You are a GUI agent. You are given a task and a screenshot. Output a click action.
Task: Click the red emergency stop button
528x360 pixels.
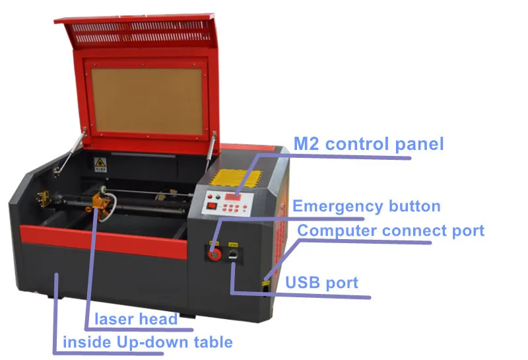(x=213, y=254)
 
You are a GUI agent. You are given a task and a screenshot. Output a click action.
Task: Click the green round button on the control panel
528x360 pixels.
(x=218, y=198)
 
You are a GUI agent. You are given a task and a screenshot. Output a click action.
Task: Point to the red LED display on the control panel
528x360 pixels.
(x=233, y=196)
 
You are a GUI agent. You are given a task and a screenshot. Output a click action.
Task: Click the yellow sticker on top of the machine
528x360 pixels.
(x=236, y=178)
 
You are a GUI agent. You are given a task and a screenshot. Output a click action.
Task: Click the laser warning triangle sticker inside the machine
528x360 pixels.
(x=100, y=164)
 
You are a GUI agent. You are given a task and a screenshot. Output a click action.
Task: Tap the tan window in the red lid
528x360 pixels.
(x=147, y=102)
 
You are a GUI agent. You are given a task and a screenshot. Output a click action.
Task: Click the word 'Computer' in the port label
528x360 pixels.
(x=337, y=231)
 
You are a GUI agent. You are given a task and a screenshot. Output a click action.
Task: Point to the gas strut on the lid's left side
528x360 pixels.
(x=69, y=151)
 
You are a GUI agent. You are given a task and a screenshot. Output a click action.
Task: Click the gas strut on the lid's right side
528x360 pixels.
(x=211, y=148)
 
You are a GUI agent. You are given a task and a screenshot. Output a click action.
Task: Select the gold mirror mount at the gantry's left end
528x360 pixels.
(x=43, y=198)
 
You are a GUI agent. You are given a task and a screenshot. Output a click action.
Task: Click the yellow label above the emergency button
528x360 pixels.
(x=214, y=243)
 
